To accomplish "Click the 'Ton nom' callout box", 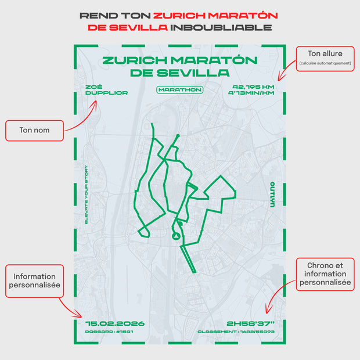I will click(35, 131).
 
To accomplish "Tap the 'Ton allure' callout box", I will click(325, 58).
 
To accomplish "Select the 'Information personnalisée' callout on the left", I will click(35, 281).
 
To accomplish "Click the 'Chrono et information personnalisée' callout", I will click(325, 275).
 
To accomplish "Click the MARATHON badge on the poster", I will click(180, 89).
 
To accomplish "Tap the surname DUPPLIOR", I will click(106, 93).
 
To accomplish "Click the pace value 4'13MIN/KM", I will click(251, 93).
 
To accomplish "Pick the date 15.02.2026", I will click(115, 323).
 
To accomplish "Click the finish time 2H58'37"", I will click(250, 323).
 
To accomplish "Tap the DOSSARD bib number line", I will click(105, 332).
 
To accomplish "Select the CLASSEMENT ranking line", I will click(236, 332).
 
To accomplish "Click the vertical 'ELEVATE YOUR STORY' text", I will click(86, 195).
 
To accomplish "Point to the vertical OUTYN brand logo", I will click(272, 194).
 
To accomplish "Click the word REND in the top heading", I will click(93, 16).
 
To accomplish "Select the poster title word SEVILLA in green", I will click(200, 73).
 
